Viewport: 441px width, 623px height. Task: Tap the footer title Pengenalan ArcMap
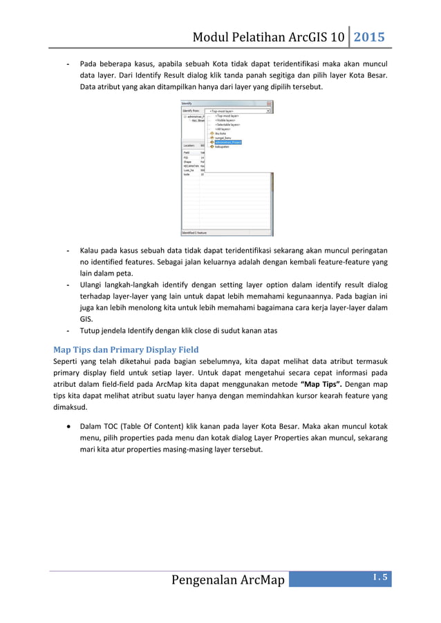tap(228, 579)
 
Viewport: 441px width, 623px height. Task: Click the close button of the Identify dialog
tap(270, 104)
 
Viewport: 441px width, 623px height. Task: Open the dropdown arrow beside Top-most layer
tap(268, 111)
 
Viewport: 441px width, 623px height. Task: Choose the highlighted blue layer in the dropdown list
tap(227, 142)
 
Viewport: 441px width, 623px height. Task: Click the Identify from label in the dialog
tap(191, 111)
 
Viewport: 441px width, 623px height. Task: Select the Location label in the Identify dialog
tap(189, 146)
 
